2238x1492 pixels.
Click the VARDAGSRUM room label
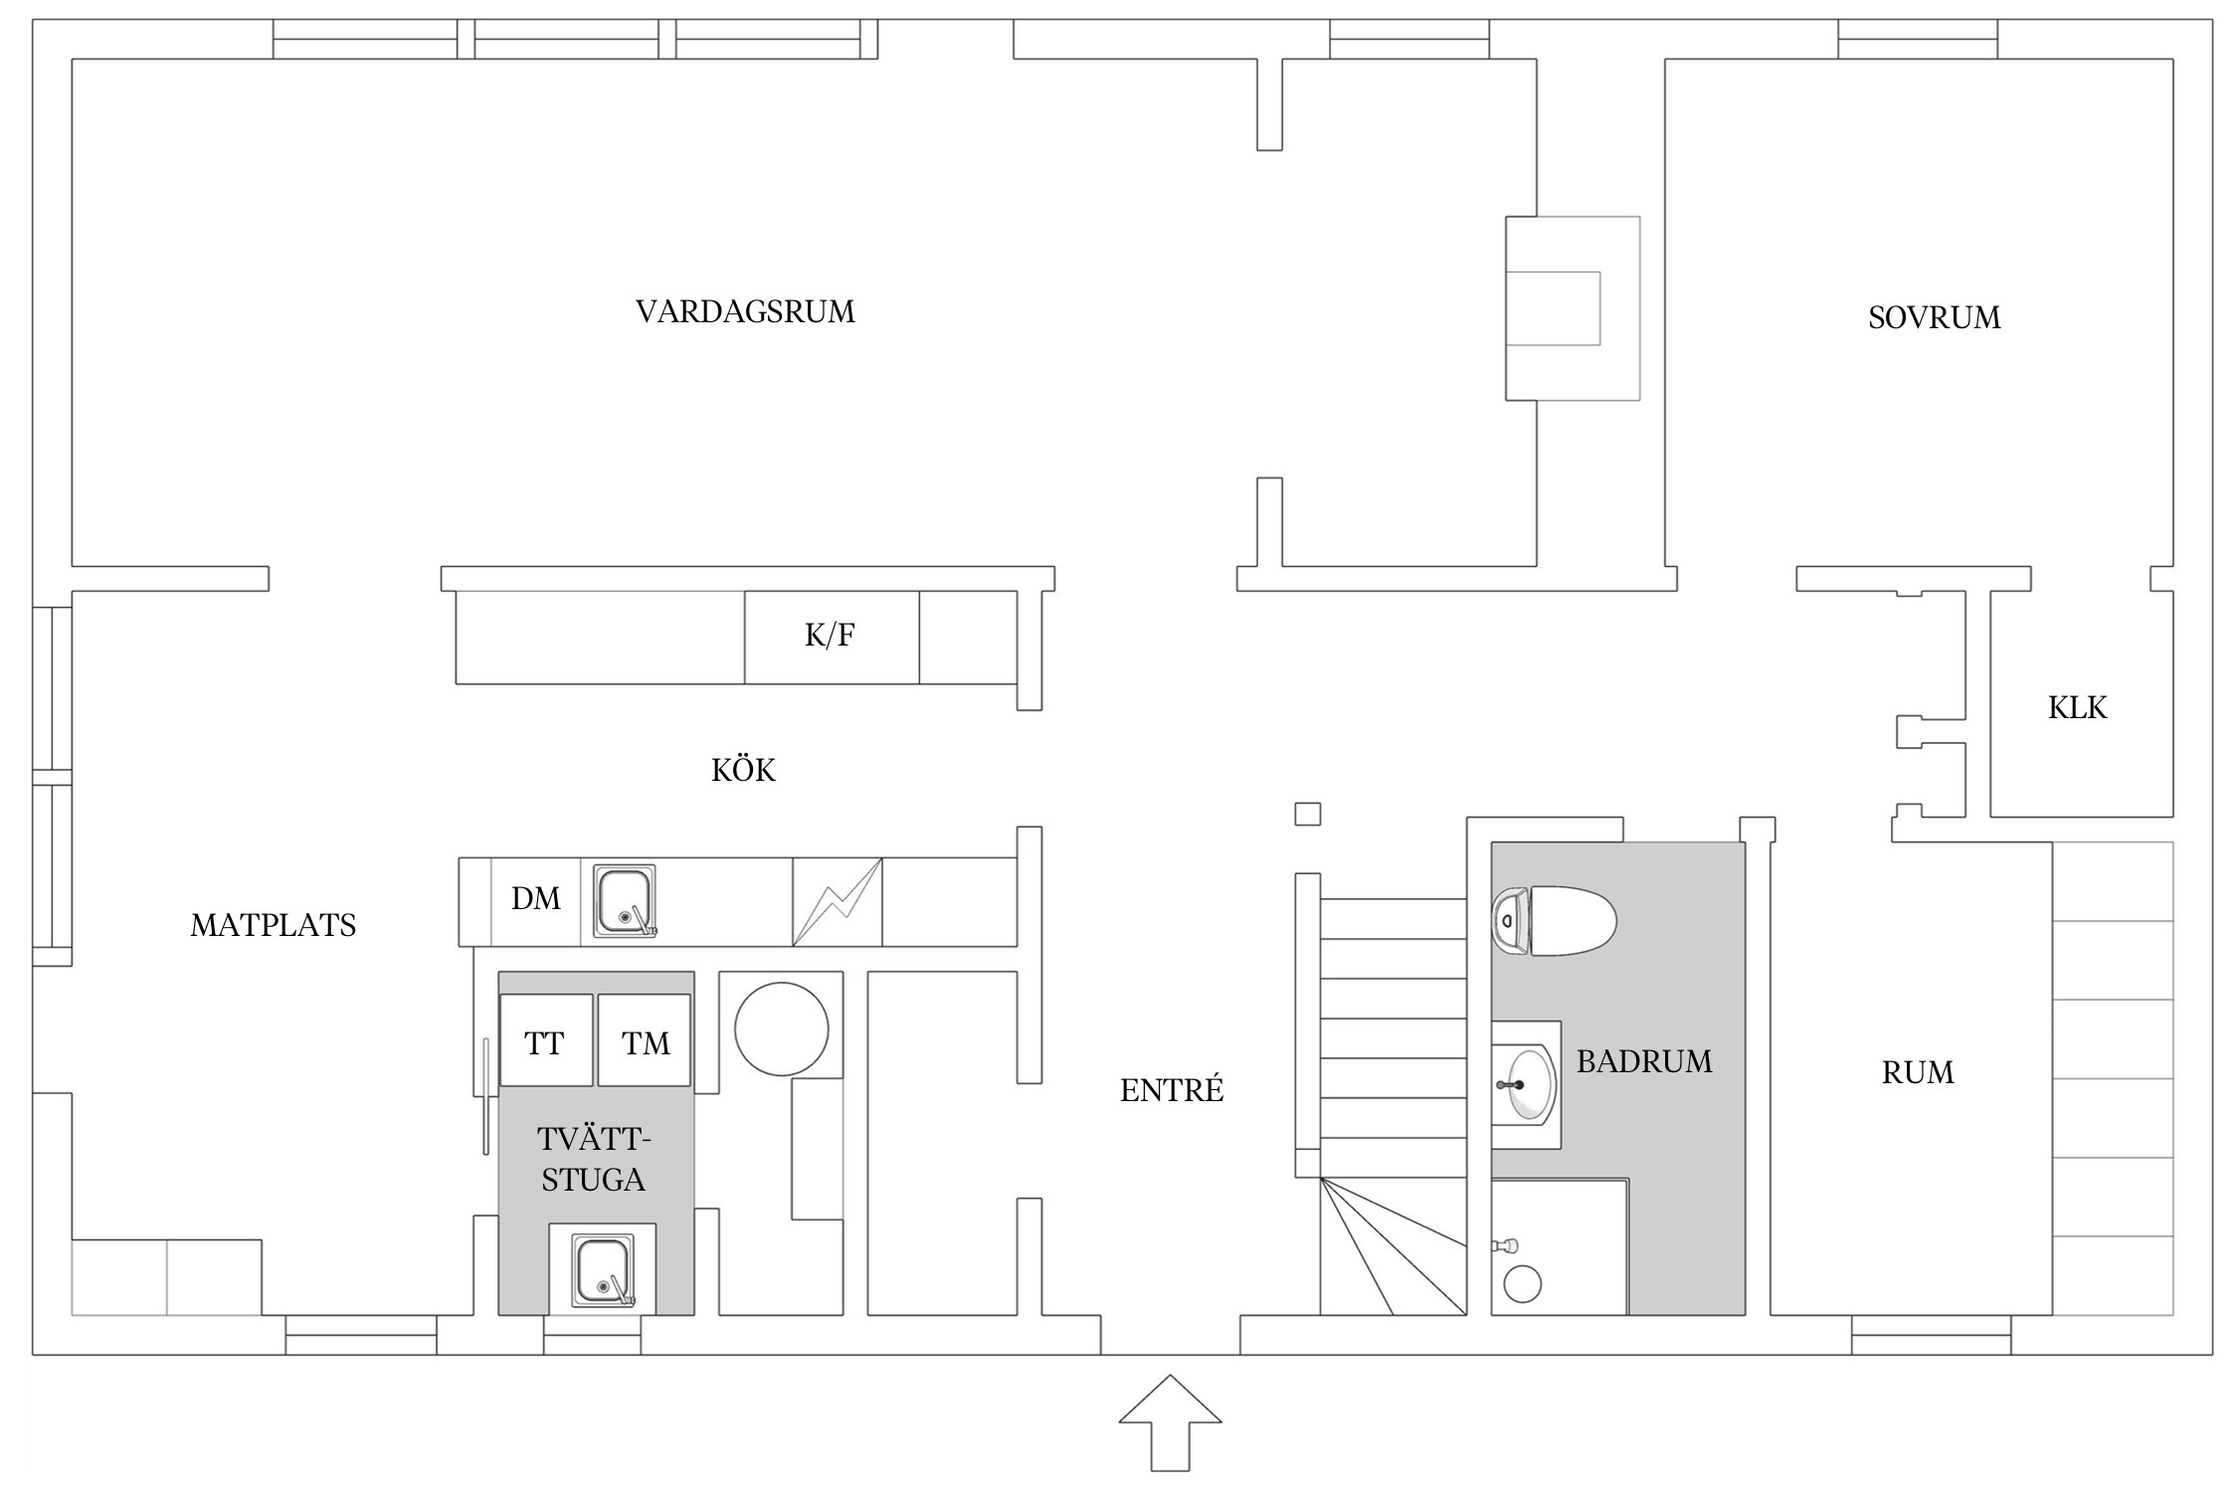745,312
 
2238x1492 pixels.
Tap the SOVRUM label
1934,318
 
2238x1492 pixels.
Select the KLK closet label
2077,708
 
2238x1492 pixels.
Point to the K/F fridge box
831,637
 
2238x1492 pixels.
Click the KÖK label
743,771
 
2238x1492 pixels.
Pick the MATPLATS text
273,926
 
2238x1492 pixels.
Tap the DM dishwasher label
535,899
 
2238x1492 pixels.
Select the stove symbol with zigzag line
837,901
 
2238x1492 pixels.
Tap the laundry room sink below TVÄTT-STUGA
603,1270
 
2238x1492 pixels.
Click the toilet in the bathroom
1557,921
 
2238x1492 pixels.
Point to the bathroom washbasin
1523,1085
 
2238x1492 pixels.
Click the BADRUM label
1643,1062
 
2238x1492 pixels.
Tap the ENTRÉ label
1171,1091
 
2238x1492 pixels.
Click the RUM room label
1917,1073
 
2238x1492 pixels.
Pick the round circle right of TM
781,1029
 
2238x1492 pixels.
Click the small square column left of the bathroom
1307,815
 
